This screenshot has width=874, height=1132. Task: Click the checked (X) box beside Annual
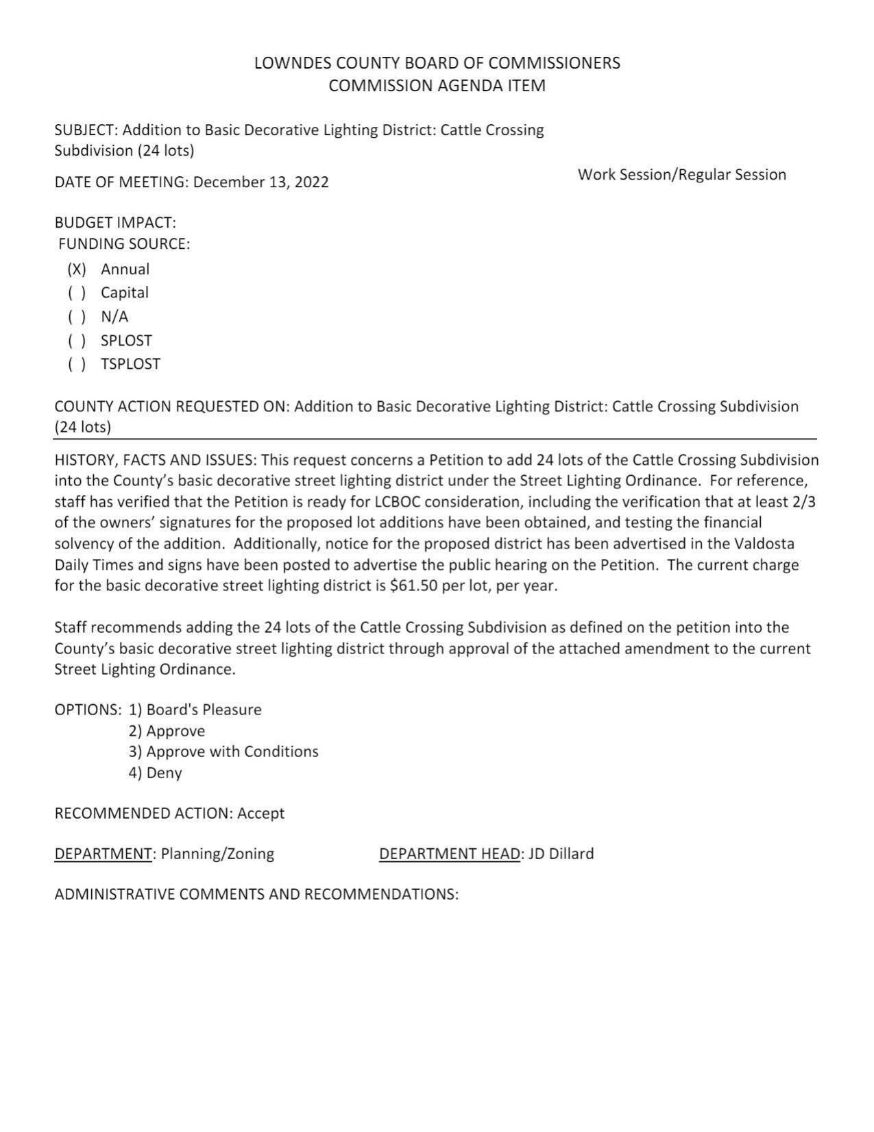[77, 269]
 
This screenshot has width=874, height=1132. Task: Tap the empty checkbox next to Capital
[77, 293]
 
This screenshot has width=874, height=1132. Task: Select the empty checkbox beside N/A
[77, 317]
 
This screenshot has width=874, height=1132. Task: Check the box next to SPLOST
[77, 341]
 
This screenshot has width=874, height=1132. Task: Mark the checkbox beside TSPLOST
[77, 364]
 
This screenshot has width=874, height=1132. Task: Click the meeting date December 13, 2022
[260, 182]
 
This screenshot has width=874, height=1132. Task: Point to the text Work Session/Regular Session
[681, 175]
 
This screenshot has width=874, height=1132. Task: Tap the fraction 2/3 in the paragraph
[803, 501]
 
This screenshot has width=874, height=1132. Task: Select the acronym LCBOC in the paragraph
[397, 501]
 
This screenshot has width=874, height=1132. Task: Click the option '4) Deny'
[155, 773]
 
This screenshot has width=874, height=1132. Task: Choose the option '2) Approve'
[167, 731]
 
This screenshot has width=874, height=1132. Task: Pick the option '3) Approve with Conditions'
[223, 751]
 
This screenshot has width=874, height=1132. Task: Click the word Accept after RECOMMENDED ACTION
[260, 813]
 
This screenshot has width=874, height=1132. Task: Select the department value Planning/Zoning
[217, 854]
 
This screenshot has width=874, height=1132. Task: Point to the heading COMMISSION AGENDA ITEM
[437, 86]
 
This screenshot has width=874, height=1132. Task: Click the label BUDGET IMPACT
[115, 223]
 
